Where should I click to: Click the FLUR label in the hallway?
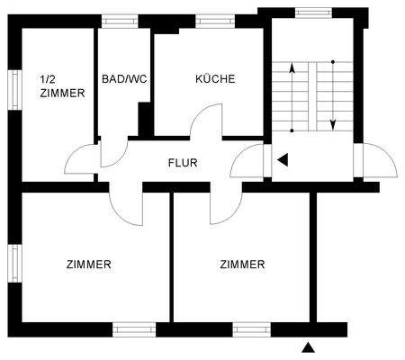(183, 164)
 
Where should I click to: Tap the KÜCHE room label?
(215, 79)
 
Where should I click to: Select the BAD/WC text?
(124, 79)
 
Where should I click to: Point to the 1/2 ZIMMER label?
(62, 85)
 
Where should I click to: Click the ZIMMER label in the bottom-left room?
(89, 265)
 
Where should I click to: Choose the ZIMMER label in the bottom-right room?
(242, 265)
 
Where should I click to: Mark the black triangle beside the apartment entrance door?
(283, 160)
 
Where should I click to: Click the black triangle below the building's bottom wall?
(309, 347)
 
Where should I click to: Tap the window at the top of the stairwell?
(312, 13)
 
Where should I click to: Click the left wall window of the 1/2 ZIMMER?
(14, 90)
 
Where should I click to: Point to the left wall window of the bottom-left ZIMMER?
(14, 261)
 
